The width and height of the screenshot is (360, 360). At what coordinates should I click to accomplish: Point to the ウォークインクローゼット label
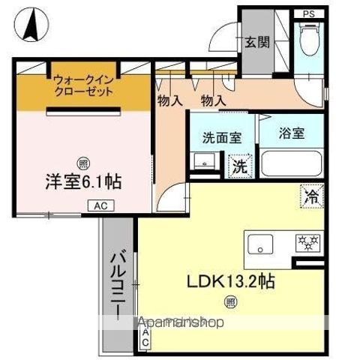click(x=83, y=85)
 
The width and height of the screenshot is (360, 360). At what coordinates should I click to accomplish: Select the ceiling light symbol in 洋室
click(x=82, y=160)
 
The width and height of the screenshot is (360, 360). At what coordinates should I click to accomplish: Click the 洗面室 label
click(x=221, y=137)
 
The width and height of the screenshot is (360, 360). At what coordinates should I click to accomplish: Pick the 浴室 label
click(x=291, y=133)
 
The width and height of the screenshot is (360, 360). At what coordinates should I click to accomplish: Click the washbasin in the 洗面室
click(x=202, y=161)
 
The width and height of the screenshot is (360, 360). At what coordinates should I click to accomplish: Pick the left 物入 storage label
click(x=170, y=100)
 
